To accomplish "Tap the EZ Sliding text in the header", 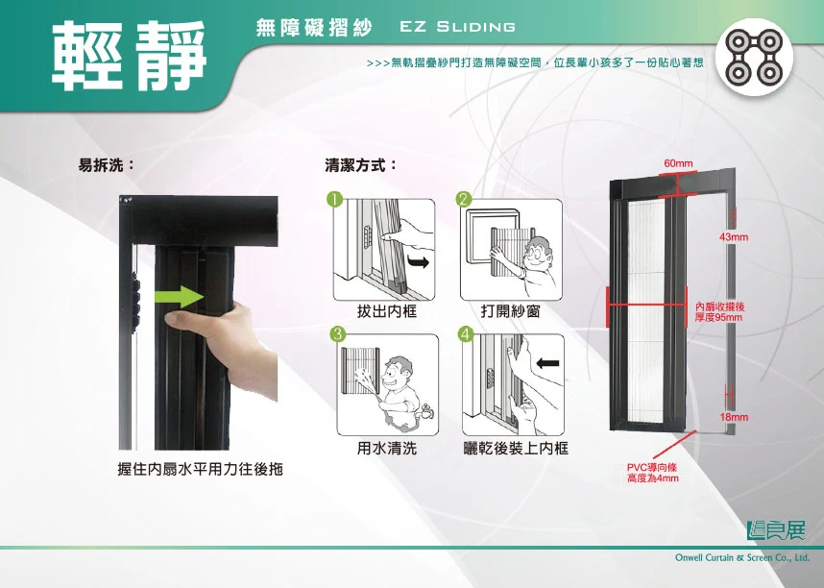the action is coord(457,27).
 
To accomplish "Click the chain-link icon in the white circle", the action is coord(754,58).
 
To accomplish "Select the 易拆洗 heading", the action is coord(107,165).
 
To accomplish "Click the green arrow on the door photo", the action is coord(179,297).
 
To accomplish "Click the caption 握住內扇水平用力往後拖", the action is coord(200,469).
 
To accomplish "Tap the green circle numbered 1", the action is coord(335,199).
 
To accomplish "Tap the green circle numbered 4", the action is coord(466,334).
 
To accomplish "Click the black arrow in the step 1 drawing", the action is coord(419,262).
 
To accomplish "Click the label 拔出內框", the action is coord(387,311).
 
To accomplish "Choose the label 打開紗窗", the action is coord(511,311).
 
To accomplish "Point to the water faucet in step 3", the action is coord(425,411).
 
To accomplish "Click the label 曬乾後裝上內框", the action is coord(516,448).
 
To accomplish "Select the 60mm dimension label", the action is coord(678,163).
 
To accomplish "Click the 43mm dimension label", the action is coord(734,237).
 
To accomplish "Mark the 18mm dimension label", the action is coord(734,417).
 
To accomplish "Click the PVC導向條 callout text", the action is coord(653,473).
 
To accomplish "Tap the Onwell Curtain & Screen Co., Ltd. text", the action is coord(742,557).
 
